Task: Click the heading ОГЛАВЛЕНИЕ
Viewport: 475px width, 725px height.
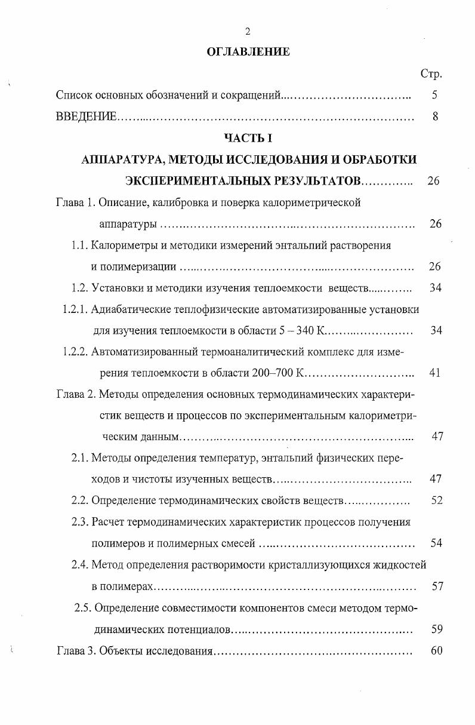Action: click(248, 52)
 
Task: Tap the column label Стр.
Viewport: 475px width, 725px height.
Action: click(431, 75)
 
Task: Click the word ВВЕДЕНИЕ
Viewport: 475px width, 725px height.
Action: click(86, 117)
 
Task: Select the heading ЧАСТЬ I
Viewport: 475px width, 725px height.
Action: click(248, 138)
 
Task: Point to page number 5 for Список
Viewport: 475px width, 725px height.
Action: click(434, 95)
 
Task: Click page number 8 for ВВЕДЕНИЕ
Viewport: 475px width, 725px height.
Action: click(435, 117)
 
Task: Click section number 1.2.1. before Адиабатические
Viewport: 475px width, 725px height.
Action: click(76, 309)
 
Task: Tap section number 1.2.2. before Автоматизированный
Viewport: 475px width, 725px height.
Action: click(76, 352)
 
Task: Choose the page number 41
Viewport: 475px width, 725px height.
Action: click(434, 373)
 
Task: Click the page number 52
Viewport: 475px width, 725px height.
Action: click(436, 500)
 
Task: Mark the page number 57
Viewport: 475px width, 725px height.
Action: click(437, 586)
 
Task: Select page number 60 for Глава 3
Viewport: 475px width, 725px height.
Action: click(436, 650)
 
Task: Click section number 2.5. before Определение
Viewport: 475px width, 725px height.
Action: click(83, 608)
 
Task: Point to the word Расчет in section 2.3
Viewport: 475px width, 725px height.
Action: click(109, 522)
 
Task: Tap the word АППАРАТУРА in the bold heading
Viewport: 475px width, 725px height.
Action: click(121, 159)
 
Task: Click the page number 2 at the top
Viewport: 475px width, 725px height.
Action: click(248, 32)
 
